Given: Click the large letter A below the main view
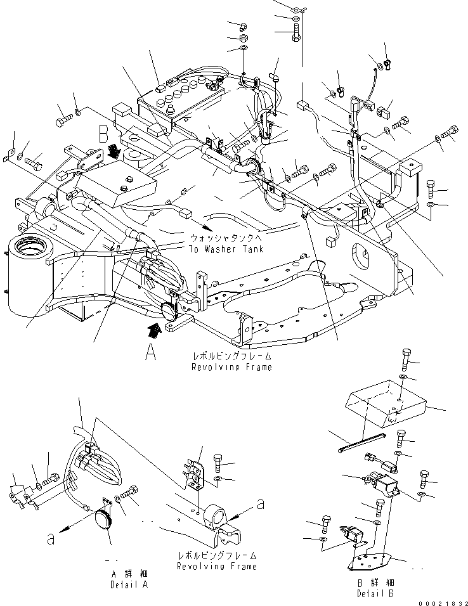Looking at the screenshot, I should click(x=150, y=352).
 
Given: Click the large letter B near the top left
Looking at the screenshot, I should click(x=103, y=136).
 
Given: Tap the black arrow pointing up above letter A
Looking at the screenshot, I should click(x=152, y=330).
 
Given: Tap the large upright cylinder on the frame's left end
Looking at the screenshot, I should click(x=25, y=278).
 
